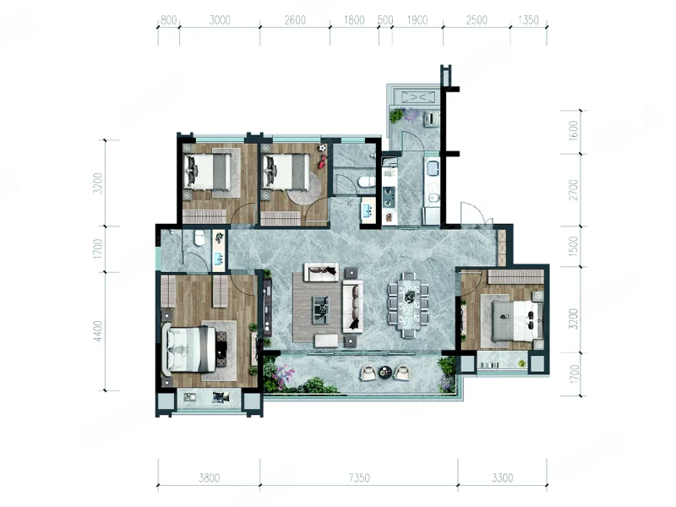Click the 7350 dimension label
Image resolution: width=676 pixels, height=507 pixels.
pyautogui.click(x=359, y=477)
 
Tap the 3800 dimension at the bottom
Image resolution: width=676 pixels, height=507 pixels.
pyautogui.click(x=209, y=477)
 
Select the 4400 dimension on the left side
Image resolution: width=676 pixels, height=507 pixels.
pyautogui.click(x=99, y=331)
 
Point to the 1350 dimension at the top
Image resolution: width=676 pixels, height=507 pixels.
pyautogui.click(x=529, y=20)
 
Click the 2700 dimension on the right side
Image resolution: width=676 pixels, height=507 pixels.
pyautogui.click(x=573, y=189)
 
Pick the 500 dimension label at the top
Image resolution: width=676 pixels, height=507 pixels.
pyautogui.click(x=385, y=20)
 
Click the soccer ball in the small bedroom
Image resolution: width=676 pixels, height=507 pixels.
pyautogui.click(x=323, y=148)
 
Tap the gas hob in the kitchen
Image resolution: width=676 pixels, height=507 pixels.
pyautogui.click(x=390, y=195)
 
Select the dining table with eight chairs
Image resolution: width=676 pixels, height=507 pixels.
pyautogui.click(x=408, y=305)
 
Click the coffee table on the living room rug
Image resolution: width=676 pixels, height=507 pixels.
pyautogui.click(x=320, y=309)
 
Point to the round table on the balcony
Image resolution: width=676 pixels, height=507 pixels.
pyautogui.click(x=384, y=372)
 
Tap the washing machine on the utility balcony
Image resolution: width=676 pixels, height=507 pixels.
pyautogui.click(x=431, y=119)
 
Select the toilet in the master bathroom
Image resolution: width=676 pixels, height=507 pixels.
pyautogui.click(x=199, y=237)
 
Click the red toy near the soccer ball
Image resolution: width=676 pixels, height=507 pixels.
pyautogui.click(x=323, y=162)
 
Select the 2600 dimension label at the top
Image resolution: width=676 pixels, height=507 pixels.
pyautogui.click(x=295, y=20)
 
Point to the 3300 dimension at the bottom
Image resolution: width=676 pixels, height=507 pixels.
pyautogui.click(x=503, y=477)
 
